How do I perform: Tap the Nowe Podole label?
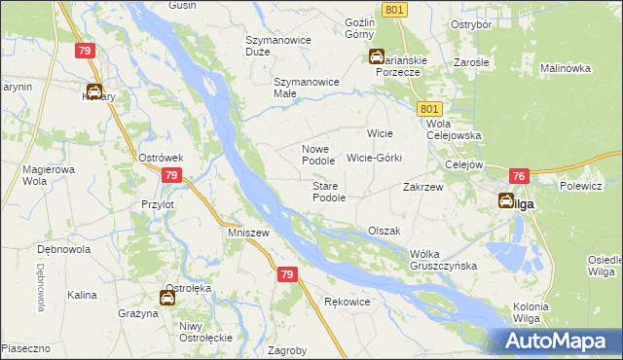pos(317,155)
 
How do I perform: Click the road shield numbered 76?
pos(518,176)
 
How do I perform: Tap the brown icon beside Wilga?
pos(507,201)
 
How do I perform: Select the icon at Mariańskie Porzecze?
pos(376,57)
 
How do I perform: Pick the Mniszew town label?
pos(247,234)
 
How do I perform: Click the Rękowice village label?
pos(347,302)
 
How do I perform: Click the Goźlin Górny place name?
pos(359,28)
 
